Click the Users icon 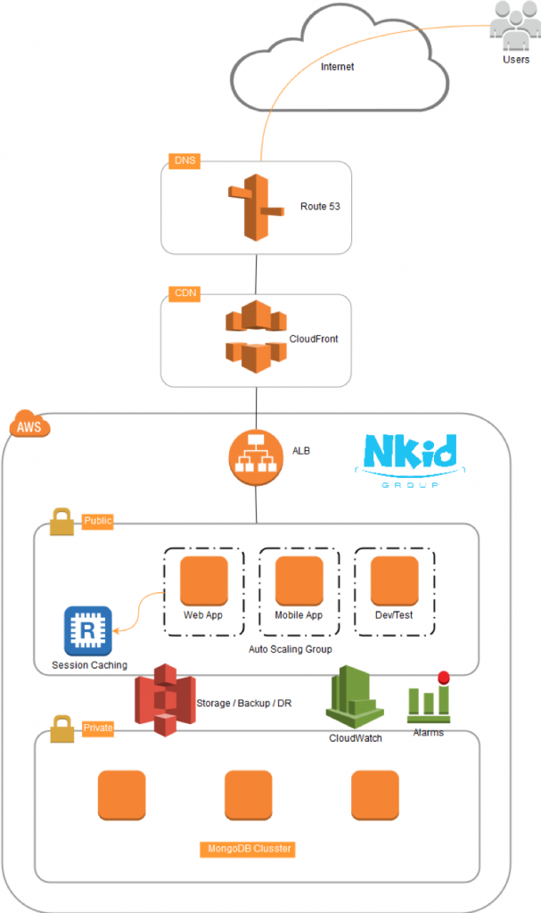[x=514, y=28]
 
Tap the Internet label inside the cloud [x=337, y=67]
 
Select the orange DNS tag [x=183, y=161]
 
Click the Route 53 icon [x=256, y=207]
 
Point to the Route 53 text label [x=320, y=206]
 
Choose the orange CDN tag [x=183, y=294]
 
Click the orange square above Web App [x=204, y=580]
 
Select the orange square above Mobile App [x=299, y=580]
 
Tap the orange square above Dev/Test [x=395, y=580]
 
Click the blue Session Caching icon [x=88, y=630]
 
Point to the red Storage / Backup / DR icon [x=164, y=699]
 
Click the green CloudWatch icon [x=356, y=700]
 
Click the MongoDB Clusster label [x=247, y=849]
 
